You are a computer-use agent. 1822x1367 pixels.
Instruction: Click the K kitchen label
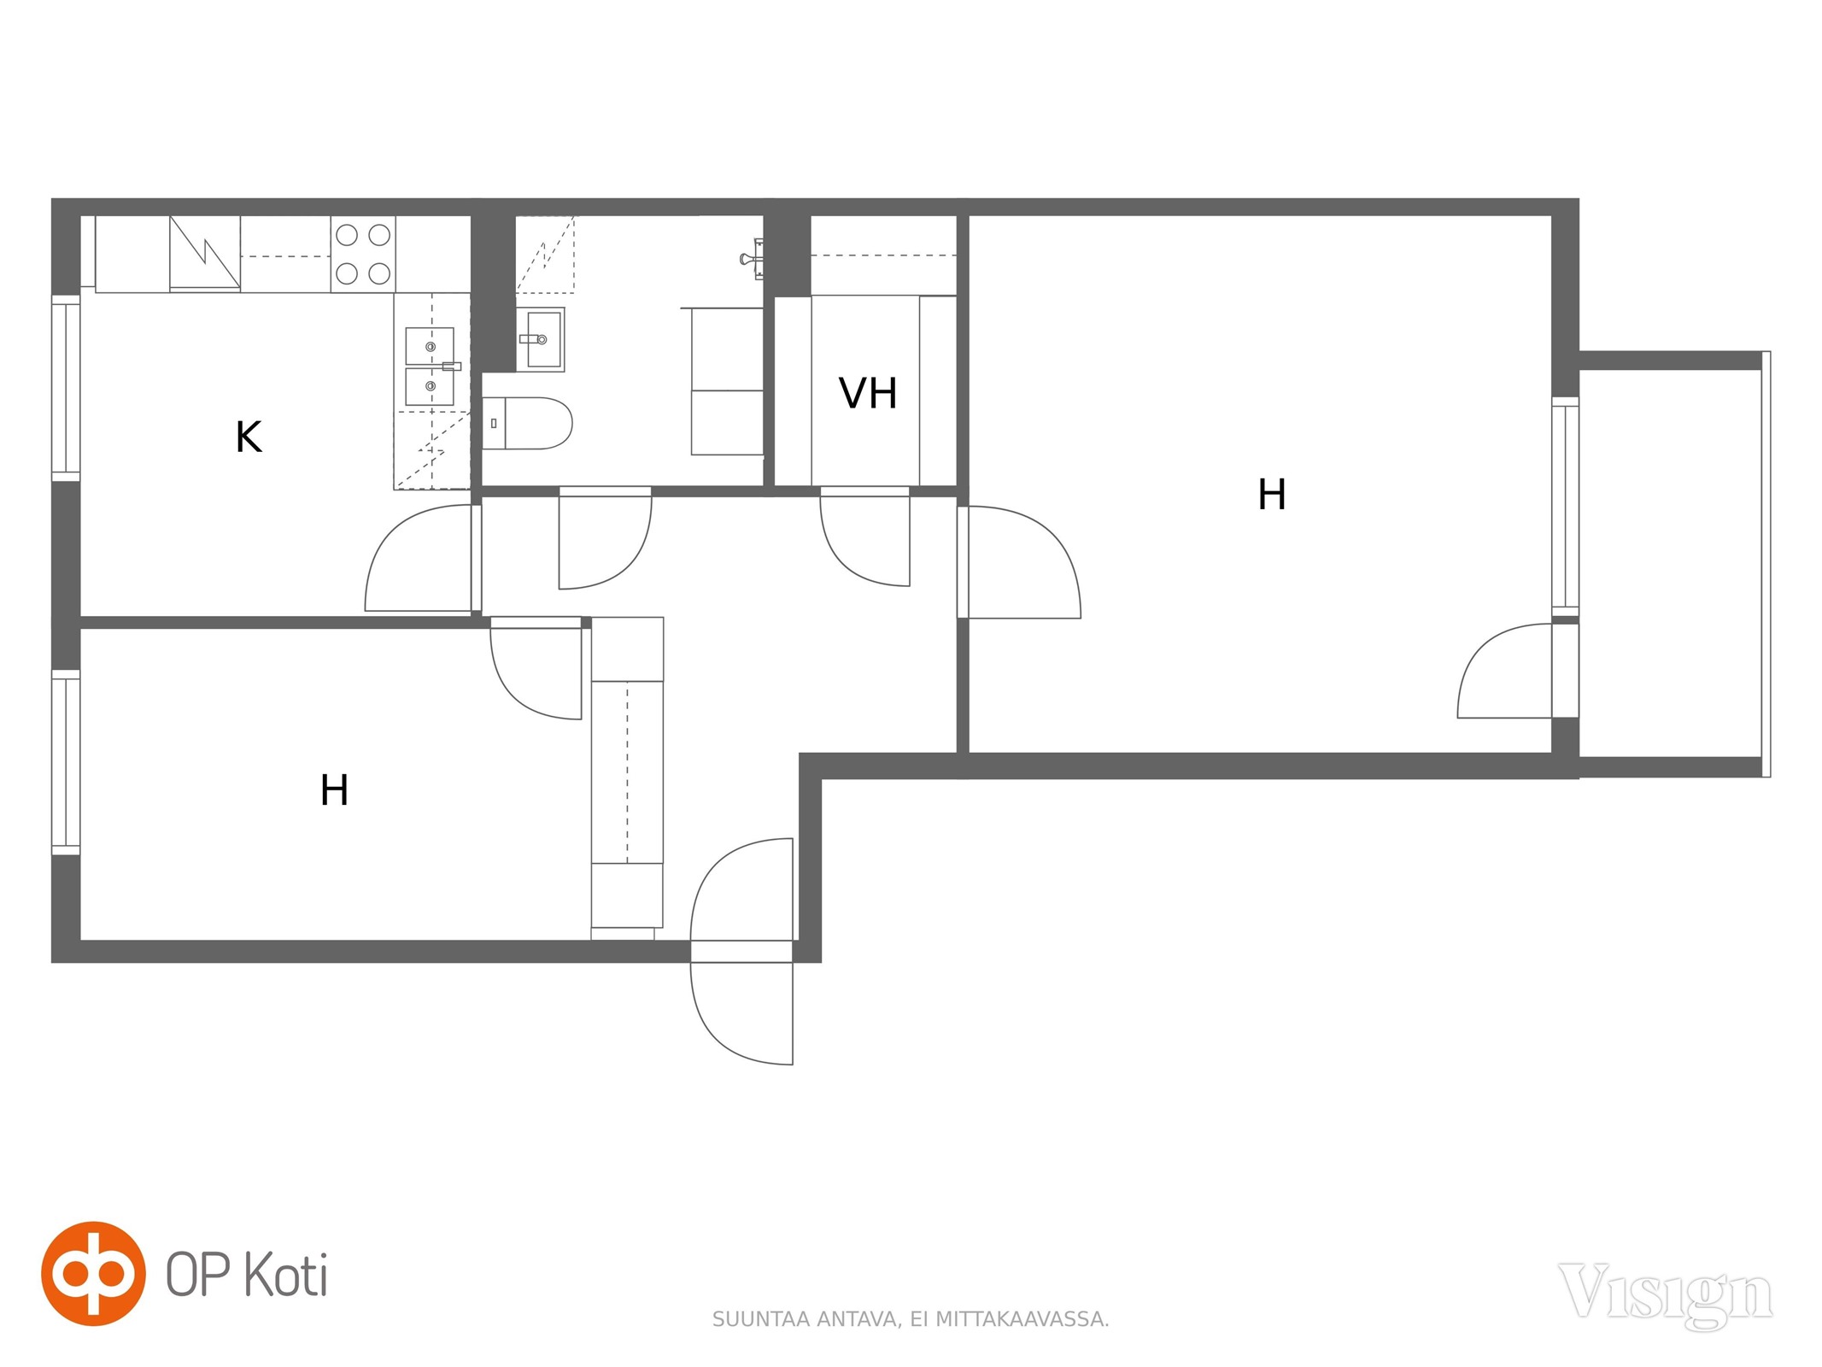248,437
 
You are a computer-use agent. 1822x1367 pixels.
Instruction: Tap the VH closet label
868,393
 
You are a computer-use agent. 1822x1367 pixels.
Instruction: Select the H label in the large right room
1272,494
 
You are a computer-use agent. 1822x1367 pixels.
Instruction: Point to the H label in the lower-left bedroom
334,790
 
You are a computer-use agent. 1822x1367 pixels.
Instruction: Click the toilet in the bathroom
527,423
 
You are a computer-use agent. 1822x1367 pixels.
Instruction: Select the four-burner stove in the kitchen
363,254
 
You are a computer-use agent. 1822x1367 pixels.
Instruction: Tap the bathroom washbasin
542,339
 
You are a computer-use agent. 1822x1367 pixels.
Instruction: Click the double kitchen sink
430,366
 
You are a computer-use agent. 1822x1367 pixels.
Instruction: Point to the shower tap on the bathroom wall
752,258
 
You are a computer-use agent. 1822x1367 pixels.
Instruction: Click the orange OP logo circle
93,1273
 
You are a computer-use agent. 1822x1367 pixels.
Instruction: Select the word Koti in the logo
286,1275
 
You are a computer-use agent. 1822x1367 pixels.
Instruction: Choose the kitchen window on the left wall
66,388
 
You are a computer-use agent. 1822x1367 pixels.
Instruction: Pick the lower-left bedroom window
66,762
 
